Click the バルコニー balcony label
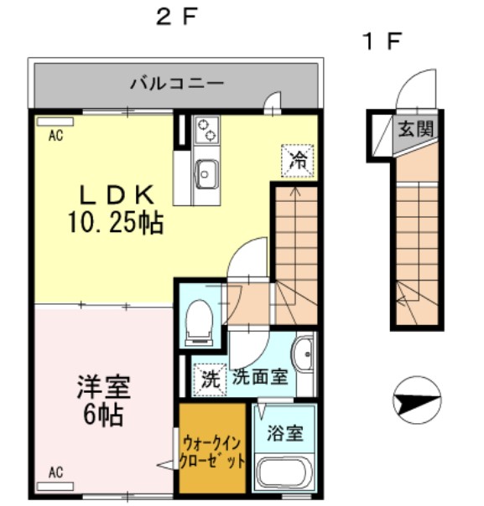click(x=176, y=84)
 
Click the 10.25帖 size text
click(x=116, y=223)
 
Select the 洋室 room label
click(x=105, y=388)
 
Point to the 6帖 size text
click(x=105, y=415)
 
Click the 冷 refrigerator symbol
click(x=297, y=160)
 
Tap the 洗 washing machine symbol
click(x=209, y=379)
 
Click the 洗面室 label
click(x=261, y=377)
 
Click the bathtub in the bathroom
click(x=285, y=474)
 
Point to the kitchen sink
click(x=206, y=173)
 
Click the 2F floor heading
click(x=175, y=18)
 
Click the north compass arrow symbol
click(x=417, y=401)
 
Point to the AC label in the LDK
click(x=56, y=135)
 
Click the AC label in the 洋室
click(x=56, y=473)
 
